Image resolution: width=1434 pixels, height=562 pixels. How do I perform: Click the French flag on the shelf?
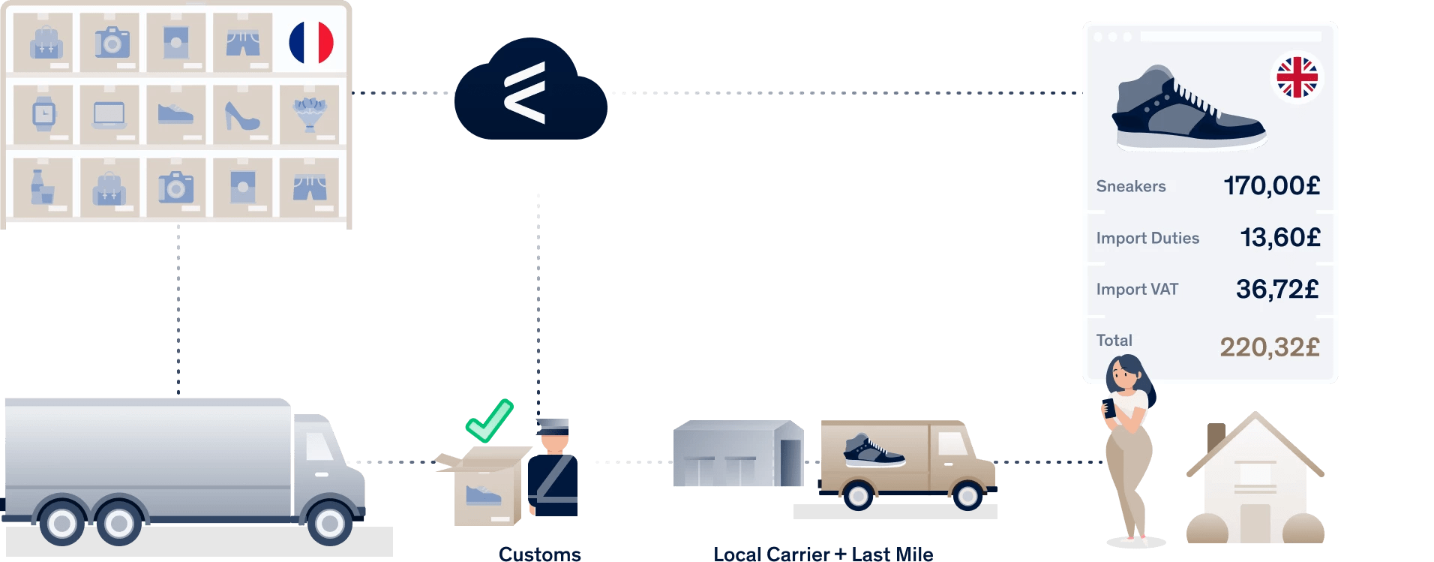point(311,43)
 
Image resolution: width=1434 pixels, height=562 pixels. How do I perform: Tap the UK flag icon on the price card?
point(1297,77)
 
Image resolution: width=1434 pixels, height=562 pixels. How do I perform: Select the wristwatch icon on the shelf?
point(43,114)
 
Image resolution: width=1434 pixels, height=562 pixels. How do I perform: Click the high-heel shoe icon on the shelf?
point(241,116)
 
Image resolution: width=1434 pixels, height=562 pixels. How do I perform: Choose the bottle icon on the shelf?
point(41,187)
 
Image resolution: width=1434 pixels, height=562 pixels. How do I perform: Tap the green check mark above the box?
point(489,420)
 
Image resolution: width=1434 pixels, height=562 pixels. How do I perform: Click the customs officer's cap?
point(553,425)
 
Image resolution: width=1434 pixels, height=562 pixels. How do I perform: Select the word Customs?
point(540,554)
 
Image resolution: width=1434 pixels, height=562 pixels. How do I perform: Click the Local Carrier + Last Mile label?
point(823,554)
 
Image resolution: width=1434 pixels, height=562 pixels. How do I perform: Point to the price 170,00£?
point(1271,185)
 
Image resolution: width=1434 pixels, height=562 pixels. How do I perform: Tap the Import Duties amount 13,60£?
point(1279,237)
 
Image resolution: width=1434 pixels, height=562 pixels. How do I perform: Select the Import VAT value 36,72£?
point(1276,289)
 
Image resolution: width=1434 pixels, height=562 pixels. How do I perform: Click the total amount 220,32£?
point(1269,347)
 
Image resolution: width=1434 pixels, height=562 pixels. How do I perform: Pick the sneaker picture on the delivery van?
point(874,450)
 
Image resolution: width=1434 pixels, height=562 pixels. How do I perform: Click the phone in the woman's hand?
point(1108,408)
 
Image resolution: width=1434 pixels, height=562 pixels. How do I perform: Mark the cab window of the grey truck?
point(319,447)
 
